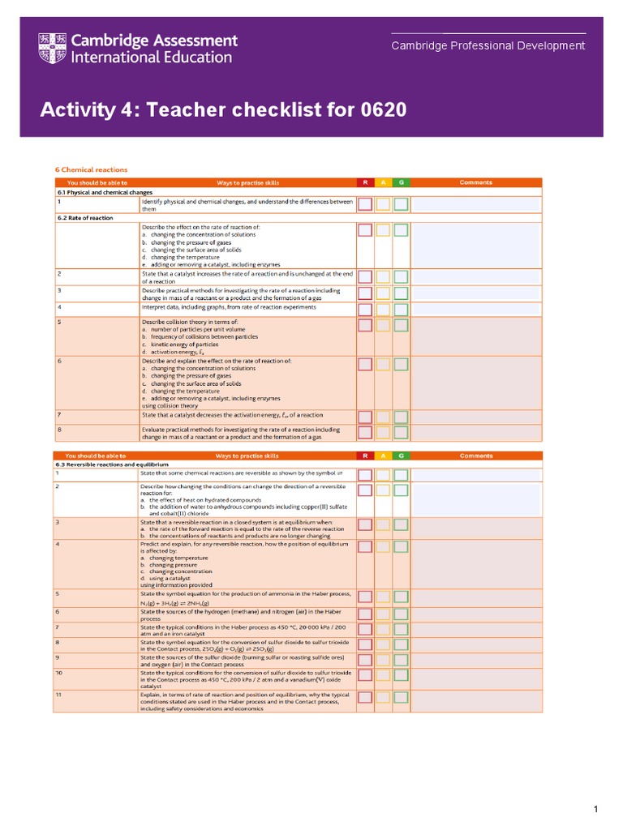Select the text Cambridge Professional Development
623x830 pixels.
point(488,45)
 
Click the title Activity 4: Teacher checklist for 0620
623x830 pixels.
point(223,109)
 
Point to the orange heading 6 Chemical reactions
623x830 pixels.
point(91,169)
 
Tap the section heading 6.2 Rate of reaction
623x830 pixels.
point(85,218)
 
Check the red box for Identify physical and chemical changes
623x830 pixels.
point(366,204)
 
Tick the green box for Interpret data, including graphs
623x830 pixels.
point(401,309)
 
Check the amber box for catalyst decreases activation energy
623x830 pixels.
point(383,417)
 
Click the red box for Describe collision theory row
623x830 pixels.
point(366,325)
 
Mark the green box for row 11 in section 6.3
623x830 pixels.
point(401,696)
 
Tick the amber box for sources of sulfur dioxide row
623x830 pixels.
point(383,658)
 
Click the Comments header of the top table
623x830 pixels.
point(475,182)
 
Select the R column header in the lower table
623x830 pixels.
point(366,456)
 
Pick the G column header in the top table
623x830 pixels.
point(401,182)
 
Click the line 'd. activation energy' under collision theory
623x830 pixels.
point(174,353)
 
